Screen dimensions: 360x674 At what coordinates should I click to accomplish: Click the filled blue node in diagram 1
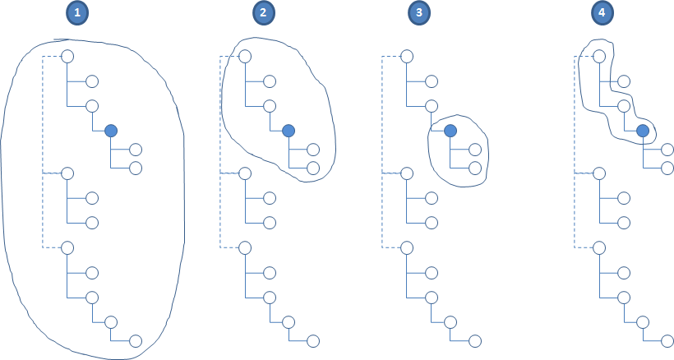[x=111, y=130]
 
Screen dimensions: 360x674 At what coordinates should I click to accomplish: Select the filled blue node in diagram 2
[x=288, y=130]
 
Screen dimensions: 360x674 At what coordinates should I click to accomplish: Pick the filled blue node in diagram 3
[x=450, y=130]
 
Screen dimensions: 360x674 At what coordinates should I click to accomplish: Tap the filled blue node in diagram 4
[x=643, y=131]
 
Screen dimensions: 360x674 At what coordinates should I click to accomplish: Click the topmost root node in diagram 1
[x=68, y=57]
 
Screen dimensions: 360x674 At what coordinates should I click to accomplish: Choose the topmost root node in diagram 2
[x=244, y=57]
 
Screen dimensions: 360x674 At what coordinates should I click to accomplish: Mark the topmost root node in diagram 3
[x=407, y=57]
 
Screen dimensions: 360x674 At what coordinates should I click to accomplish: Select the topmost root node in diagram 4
[x=600, y=57]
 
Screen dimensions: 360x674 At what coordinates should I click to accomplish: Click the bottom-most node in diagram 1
[x=136, y=340]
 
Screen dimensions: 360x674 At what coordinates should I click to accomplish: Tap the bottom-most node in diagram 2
[x=312, y=340]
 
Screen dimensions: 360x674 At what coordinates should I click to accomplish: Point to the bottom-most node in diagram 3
[x=474, y=340]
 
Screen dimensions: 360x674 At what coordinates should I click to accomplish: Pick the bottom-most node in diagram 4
[x=667, y=340]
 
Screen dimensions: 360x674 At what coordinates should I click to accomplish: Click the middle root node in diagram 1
[x=68, y=173]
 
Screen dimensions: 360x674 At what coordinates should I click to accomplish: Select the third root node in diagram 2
[x=244, y=247]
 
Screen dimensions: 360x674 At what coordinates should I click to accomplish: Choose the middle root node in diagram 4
[x=600, y=173]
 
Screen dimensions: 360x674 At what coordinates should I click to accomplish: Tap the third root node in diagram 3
[x=407, y=247]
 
